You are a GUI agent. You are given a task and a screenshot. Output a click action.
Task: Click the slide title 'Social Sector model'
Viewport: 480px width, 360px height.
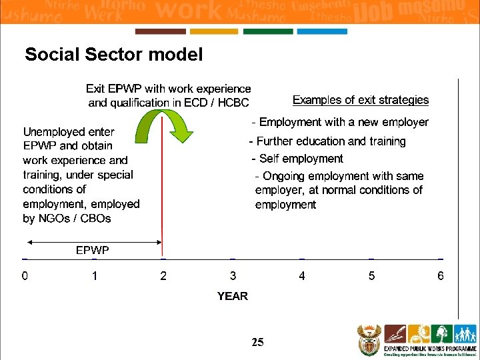click(113, 55)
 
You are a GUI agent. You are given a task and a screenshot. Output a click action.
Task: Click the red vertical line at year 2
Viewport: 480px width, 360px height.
click(163, 200)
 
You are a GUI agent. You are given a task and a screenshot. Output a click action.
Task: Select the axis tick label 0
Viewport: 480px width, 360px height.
click(25, 276)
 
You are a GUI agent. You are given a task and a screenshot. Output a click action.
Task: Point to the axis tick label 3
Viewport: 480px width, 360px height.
click(233, 276)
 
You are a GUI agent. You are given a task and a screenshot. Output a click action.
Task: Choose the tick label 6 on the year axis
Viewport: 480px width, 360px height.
click(441, 276)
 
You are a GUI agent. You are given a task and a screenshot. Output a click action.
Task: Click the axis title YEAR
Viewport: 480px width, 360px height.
click(232, 296)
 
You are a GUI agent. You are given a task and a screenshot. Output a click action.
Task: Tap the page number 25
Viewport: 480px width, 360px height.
click(257, 343)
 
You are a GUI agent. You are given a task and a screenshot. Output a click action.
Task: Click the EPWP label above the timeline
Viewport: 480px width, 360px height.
click(92, 250)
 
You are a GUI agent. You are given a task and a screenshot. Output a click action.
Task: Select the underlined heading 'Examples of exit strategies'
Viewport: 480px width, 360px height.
click(361, 100)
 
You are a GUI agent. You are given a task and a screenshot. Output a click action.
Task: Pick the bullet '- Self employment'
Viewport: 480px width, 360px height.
click(297, 159)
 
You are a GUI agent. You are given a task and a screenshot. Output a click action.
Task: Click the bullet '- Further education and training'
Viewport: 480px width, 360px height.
click(327, 141)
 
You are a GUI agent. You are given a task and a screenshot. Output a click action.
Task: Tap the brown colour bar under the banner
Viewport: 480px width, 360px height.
click(160, 31)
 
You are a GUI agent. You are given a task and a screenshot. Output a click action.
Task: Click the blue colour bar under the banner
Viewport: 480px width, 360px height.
click(322, 31)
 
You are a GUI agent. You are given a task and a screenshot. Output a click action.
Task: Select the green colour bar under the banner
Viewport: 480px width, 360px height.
click(268, 31)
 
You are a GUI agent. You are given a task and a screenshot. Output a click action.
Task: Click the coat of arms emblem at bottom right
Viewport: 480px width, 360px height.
click(368, 340)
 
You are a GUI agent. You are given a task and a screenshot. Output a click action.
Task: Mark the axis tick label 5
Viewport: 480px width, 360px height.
click(371, 276)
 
